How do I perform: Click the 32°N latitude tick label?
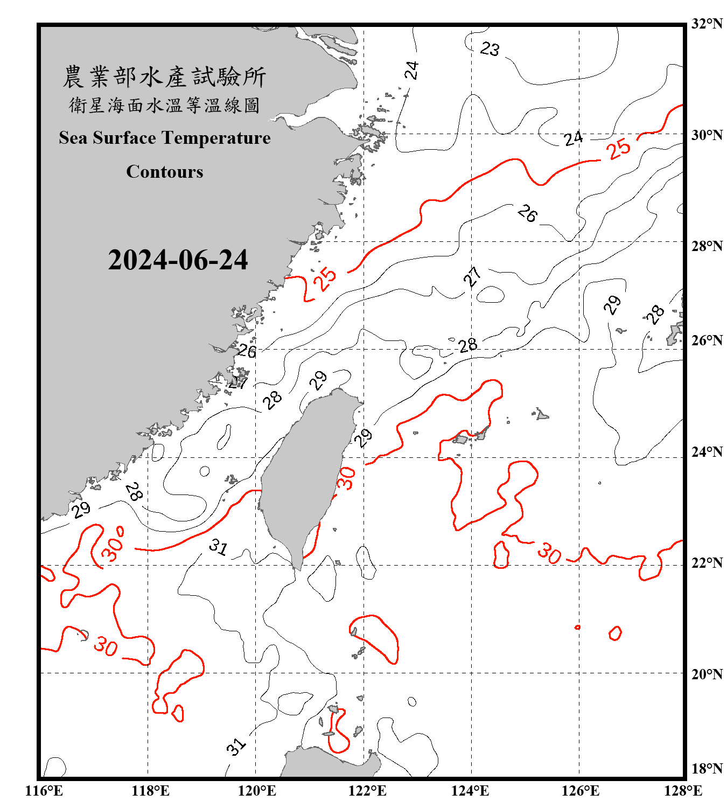tap(707, 24)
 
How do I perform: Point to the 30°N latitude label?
tap(707, 135)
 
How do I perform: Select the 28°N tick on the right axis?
tap(707, 246)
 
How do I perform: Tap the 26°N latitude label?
tap(707, 340)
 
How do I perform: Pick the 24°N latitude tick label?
tap(707, 451)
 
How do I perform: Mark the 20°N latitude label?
tap(707, 674)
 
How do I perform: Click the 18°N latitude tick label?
tap(707, 769)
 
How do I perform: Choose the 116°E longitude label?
tap(44, 791)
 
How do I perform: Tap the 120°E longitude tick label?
tap(257, 791)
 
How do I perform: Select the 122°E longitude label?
tap(367, 791)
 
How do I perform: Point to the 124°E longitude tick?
tap(470, 791)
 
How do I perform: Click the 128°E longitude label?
tap(683, 791)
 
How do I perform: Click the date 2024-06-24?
tap(178, 260)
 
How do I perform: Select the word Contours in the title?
tap(165, 172)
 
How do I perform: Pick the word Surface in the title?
tap(124, 138)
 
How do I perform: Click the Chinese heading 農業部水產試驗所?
tap(164, 76)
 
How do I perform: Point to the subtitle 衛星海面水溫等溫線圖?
tap(164, 105)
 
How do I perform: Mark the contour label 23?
tap(490, 49)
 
